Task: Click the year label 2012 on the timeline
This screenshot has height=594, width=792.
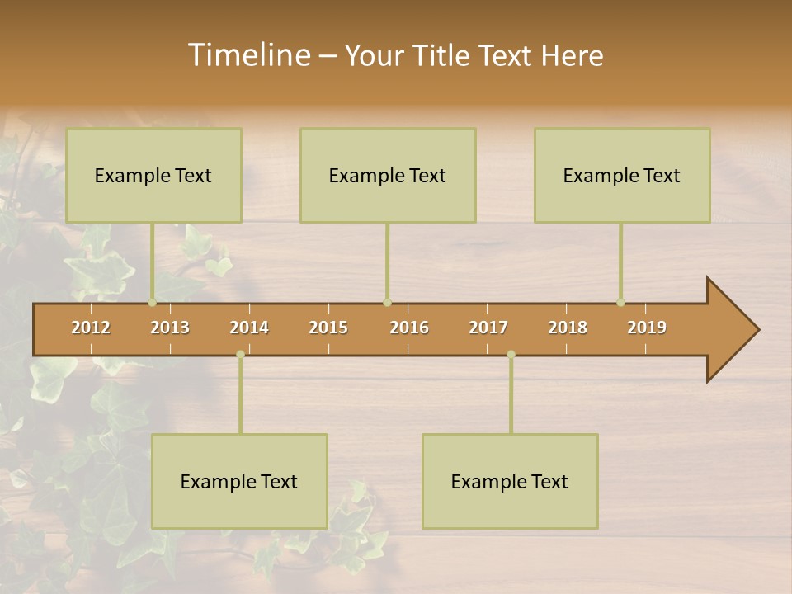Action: pos(91,328)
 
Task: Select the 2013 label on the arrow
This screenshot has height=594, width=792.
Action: pos(170,328)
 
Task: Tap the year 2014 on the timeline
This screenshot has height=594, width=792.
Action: pos(249,328)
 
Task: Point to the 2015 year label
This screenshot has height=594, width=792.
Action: pos(328,328)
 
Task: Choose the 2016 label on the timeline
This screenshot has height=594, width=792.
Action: pos(409,328)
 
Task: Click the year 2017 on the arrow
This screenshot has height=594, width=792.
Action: pos(488,328)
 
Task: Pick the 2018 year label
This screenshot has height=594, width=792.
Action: pos(568,328)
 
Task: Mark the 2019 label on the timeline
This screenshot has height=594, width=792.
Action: pos(647,328)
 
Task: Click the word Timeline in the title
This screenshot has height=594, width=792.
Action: pos(247,55)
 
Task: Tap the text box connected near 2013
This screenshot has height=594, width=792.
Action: pos(153,175)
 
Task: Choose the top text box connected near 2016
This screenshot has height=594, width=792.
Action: pos(388,175)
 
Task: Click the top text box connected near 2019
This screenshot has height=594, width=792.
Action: pos(622,175)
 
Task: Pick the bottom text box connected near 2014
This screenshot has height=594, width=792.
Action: pos(239,481)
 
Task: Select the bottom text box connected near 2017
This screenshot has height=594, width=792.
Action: pos(510,481)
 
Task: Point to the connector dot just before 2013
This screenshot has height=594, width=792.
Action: pos(152,302)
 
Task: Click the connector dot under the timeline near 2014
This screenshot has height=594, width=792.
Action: pos(240,354)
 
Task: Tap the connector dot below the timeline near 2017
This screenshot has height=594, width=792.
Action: pos(511,354)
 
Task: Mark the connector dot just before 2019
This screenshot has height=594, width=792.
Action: pos(620,302)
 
